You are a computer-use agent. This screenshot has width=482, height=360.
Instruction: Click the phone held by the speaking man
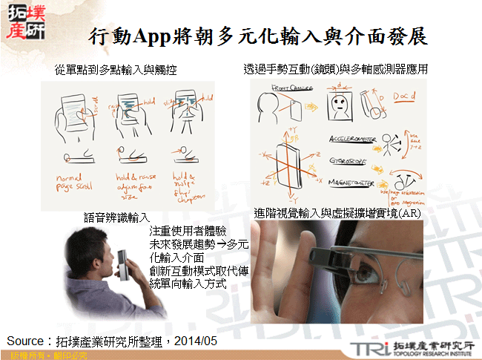tap(128, 268)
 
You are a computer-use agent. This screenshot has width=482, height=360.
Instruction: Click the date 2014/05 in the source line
tap(197, 340)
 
